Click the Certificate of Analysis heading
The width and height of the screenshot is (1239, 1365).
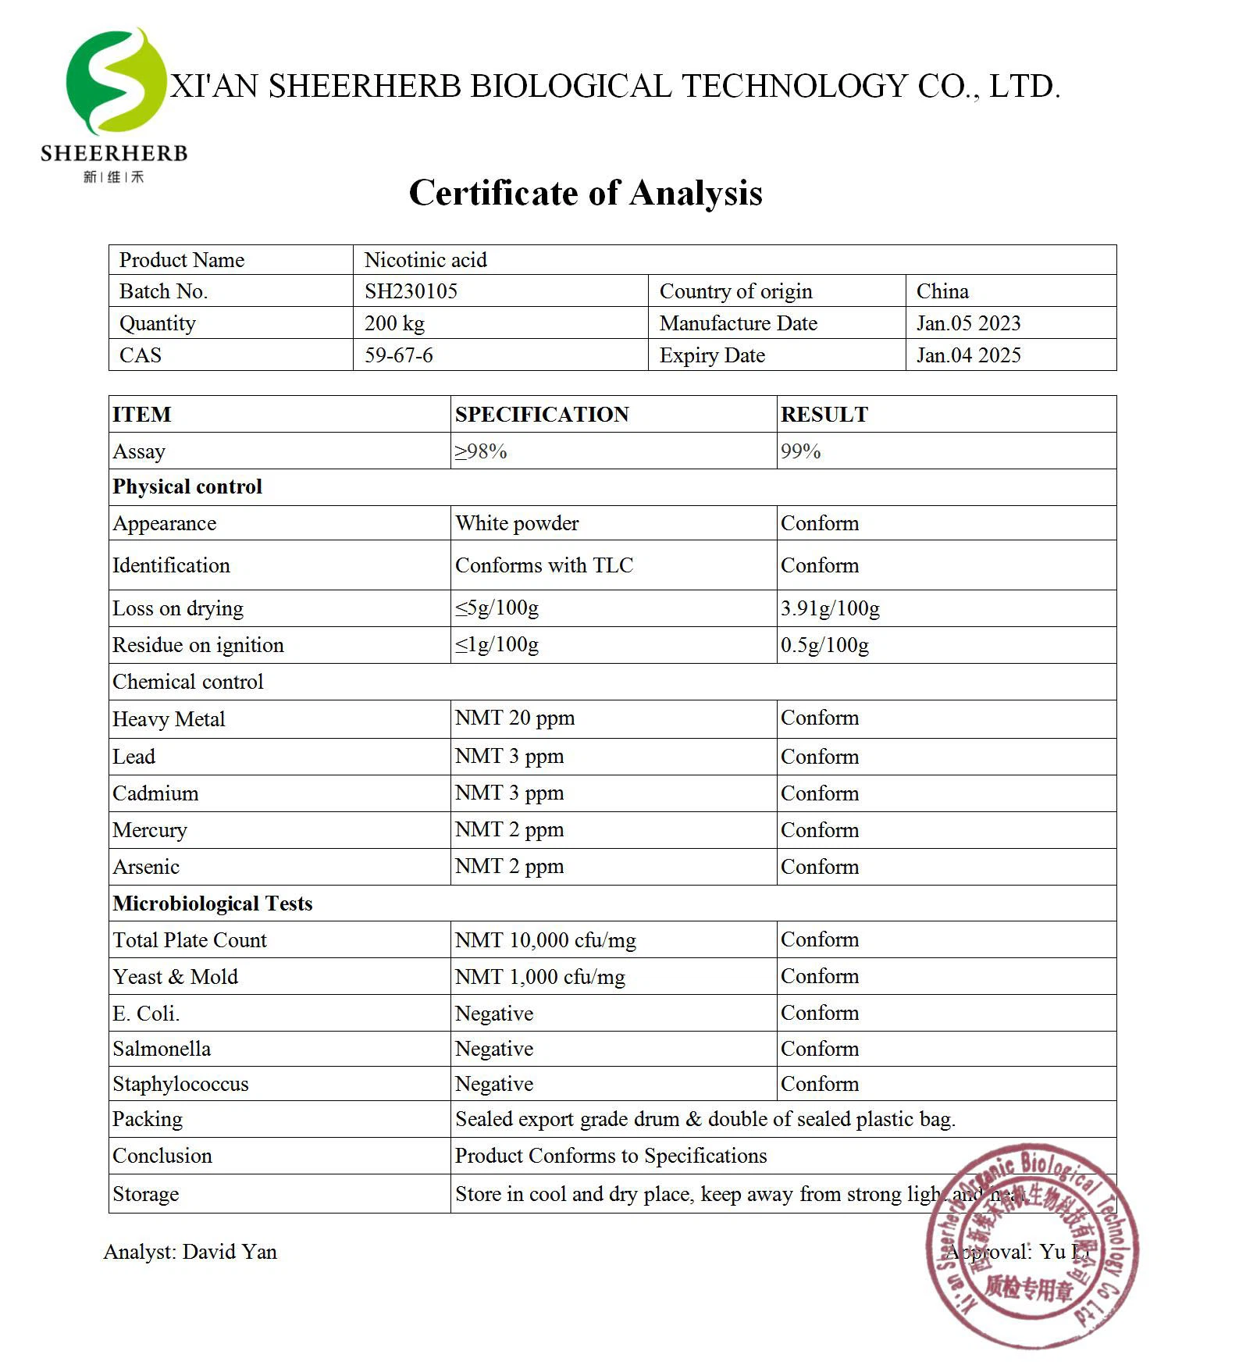(586, 193)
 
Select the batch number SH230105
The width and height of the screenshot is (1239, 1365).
(411, 291)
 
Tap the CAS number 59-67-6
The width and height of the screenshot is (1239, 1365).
(398, 355)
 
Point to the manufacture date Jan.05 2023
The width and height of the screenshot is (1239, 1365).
(968, 323)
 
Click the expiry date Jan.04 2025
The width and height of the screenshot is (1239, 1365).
(968, 355)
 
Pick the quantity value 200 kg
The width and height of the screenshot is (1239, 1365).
(394, 323)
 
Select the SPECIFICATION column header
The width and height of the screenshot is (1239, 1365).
(542, 415)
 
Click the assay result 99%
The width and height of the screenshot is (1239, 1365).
(800, 451)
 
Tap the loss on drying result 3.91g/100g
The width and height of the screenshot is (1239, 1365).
(830, 608)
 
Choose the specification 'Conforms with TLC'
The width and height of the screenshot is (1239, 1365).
(544, 565)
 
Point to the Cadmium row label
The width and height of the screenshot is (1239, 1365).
(155, 793)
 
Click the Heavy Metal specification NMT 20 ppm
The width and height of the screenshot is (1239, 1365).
(514, 718)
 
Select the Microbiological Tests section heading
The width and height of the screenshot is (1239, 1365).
(212, 903)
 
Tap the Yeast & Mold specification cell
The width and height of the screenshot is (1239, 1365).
(540, 977)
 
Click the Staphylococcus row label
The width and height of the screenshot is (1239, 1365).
(180, 1084)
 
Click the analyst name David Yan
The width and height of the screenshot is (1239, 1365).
(230, 1252)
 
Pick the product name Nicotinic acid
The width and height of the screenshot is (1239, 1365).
(425, 260)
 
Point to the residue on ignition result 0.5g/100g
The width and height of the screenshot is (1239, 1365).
(824, 645)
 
